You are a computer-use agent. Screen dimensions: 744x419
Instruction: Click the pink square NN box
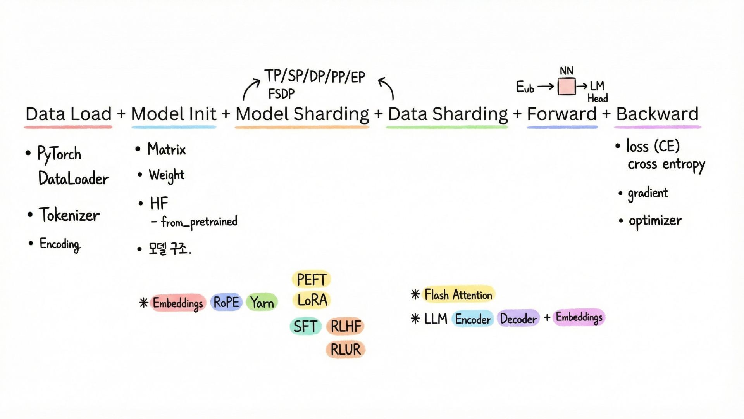click(567, 87)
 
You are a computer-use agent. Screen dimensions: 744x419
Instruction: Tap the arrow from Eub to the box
click(546, 87)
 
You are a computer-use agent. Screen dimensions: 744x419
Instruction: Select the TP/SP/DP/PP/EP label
click(315, 76)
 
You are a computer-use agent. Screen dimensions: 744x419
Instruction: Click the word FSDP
click(281, 94)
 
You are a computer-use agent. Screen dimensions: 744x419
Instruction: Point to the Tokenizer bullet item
click(69, 215)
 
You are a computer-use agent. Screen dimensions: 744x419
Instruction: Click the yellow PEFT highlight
click(311, 279)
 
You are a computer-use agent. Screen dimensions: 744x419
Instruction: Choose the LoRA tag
click(312, 300)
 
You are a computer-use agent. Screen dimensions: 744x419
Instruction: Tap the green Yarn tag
click(262, 303)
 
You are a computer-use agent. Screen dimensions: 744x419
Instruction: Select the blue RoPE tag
click(226, 302)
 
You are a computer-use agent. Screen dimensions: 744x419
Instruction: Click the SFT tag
click(305, 326)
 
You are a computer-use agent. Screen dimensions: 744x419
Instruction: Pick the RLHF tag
click(346, 326)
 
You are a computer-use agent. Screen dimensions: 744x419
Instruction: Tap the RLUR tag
click(345, 350)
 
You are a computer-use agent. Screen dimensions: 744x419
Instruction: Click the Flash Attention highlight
click(458, 295)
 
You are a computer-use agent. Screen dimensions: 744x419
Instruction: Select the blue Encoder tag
click(473, 319)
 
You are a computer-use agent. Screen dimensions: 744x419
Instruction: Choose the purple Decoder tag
click(518, 319)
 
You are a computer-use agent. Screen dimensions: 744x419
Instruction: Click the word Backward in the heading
click(657, 114)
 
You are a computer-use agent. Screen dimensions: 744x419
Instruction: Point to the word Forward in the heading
click(562, 114)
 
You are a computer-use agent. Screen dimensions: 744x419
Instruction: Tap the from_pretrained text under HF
click(199, 222)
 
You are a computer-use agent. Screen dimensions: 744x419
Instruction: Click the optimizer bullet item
click(655, 221)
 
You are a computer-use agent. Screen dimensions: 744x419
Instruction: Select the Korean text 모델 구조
click(169, 248)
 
